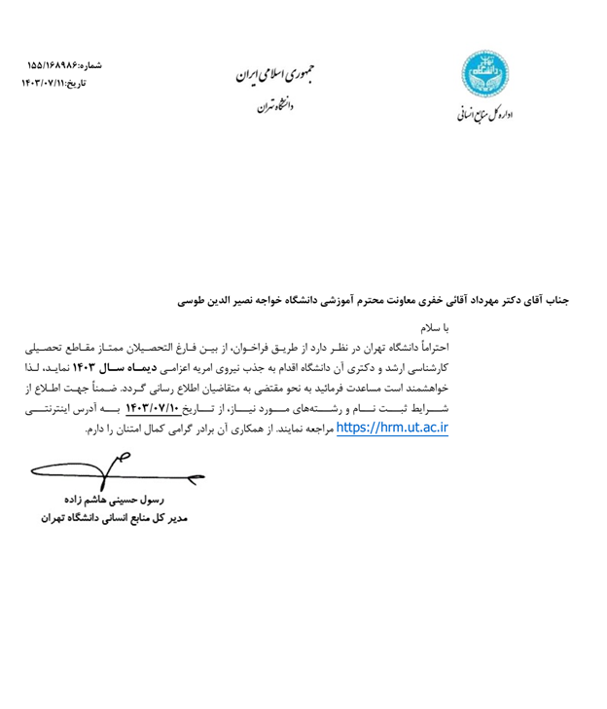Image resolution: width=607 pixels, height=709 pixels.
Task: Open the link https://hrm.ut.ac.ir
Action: pos(392,427)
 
